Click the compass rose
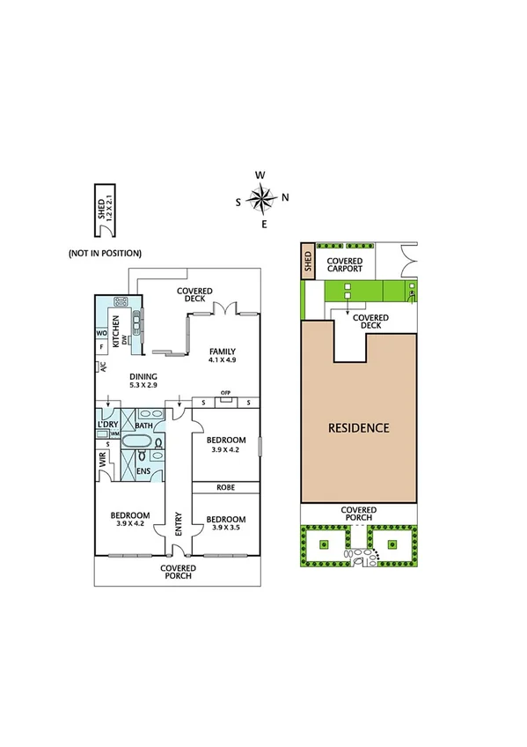(x=261, y=199)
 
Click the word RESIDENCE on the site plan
(x=358, y=428)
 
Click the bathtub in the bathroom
(x=136, y=440)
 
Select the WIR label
(x=103, y=461)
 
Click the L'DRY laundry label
(x=107, y=425)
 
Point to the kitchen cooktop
(x=121, y=301)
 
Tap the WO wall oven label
(x=101, y=333)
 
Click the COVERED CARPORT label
(x=345, y=265)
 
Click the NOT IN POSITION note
(x=105, y=254)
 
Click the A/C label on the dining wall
(x=102, y=366)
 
